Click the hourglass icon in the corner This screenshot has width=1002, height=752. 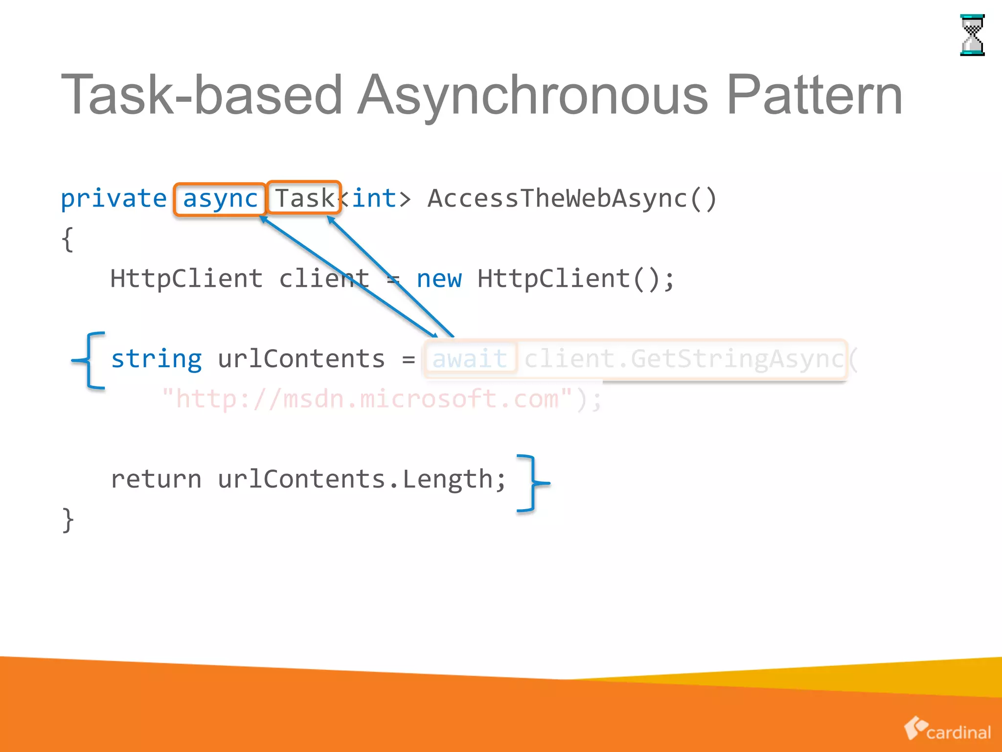pos(972,35)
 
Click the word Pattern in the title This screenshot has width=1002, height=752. pos(815,95)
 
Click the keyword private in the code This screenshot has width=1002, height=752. pos(114,199)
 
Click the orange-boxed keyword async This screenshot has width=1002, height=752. pos(220,199)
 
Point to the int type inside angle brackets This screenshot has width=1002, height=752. pos(374,198)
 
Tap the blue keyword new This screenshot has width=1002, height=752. pos(439,279)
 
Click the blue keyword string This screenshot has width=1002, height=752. pos(156,359)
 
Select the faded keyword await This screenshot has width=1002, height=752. pos(470,359)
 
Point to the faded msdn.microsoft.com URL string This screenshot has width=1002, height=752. pos(367,399)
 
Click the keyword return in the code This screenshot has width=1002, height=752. pos(156,479)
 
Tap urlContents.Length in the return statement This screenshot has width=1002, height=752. pos(362,479)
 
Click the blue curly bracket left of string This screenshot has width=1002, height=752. pos(90,361)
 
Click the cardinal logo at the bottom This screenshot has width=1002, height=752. pos(947,729)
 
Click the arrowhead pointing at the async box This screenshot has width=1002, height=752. pos(264,219)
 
